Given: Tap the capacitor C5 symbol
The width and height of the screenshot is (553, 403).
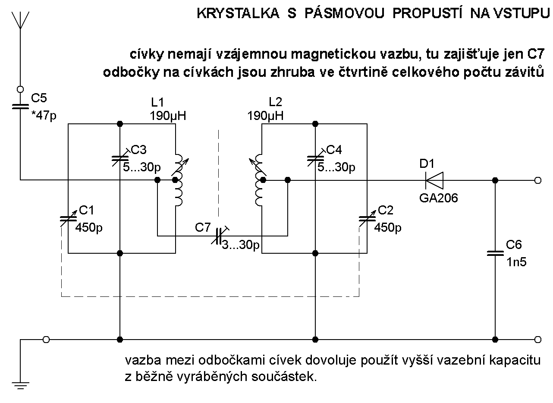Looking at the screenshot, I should pos(20,107).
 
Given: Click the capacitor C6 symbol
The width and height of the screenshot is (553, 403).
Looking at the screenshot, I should pos(495,253).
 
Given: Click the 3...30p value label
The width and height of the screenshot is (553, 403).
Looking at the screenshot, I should pos(241,246).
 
